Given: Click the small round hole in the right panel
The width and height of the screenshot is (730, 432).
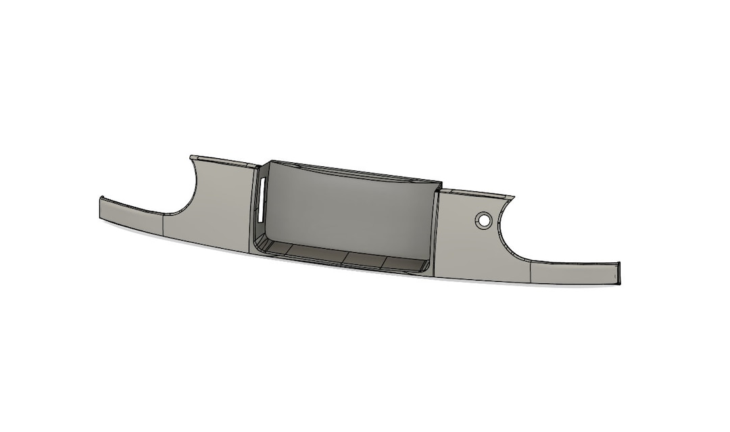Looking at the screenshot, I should coord(483,220).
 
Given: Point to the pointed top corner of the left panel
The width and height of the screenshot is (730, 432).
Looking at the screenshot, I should coord(191,158).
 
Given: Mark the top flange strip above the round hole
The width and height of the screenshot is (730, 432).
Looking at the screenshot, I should coord(477,193).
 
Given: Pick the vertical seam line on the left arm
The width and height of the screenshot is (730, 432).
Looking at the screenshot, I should coord(164,224).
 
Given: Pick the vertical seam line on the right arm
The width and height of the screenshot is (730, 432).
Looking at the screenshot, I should coord(532,272).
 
